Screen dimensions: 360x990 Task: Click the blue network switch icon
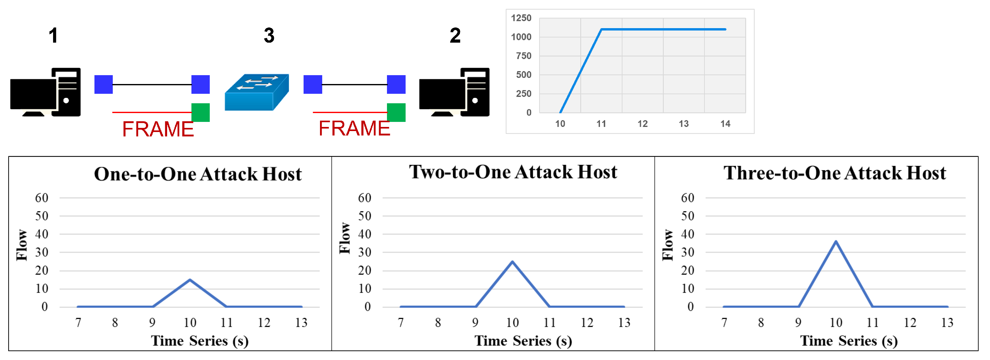[257, 92]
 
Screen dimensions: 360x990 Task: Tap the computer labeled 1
[45, 92]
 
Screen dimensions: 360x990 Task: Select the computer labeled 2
[454, 92]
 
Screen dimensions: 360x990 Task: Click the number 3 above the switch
[269, 36]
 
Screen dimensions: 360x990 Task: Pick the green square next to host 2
[396, 112]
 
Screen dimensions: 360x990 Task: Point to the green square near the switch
[201, 112]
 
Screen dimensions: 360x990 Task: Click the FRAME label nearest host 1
[158, 129]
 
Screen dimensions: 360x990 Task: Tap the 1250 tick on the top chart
[521, 18]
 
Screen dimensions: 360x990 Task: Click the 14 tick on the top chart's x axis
[725, 124]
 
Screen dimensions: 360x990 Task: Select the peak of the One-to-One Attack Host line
[190, 280]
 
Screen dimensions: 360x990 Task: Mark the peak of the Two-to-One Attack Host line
[512, 262]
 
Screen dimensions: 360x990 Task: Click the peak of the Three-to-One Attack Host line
[836, 241]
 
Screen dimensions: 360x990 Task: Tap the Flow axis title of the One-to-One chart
[22, 245]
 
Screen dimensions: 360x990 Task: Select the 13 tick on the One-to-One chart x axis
[301, 323]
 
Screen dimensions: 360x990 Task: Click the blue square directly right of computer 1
[103, 85]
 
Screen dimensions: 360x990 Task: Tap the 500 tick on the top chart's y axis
[523, 75]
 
